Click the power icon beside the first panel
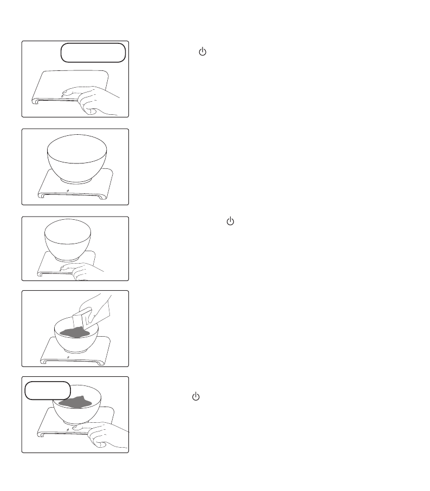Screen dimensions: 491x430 (x=203, y=52)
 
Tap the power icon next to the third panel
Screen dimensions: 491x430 (x=230, y=221)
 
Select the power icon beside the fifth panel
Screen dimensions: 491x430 (x=196, y=397)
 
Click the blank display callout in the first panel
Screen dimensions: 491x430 (x=93, y=53)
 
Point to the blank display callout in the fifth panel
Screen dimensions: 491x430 (x=48, y=390)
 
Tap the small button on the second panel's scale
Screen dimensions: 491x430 (x=67, y=191)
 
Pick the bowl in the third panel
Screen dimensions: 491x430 (x=67, y=241)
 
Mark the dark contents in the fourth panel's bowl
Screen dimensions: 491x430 (x=75, y=331)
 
